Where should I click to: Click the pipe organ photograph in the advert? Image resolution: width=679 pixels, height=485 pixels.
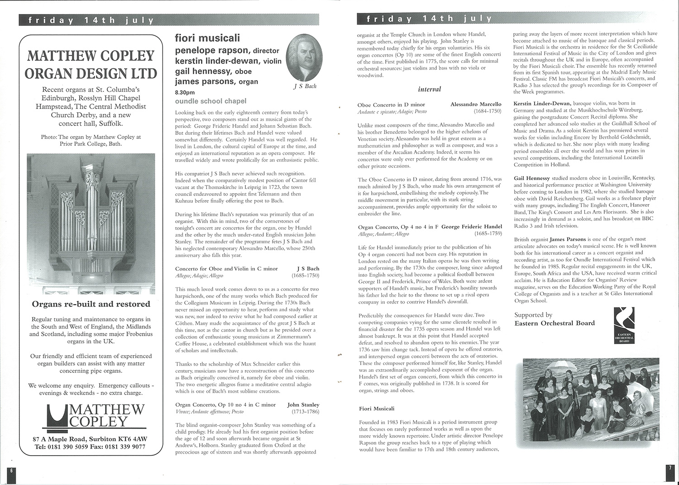[x=91, y=223]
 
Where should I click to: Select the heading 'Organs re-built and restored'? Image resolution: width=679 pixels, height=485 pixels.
[x=91, y=304]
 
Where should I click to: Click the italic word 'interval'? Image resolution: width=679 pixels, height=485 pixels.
[x=430, y=89]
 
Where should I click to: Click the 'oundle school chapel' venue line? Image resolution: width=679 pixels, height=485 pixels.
[x=210, y=101]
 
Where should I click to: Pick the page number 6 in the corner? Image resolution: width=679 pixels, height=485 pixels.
[x=12, y=470]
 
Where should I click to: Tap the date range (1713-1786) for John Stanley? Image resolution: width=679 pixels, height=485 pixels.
[x=306, y=412]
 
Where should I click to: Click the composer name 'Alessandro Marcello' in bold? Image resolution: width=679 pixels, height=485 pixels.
[x=476, y=105]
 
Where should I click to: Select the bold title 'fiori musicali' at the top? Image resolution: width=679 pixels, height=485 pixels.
[x=207, y=38]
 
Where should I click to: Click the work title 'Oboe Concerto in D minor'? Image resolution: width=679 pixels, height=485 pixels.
[x=391, y=105]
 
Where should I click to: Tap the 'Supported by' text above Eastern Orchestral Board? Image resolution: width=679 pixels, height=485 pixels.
[x=533, y=315]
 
